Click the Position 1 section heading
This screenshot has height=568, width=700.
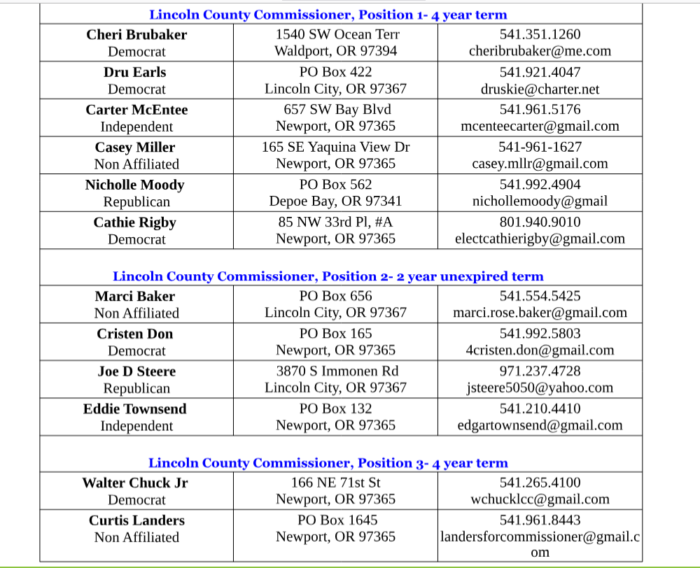[x=328, y=15]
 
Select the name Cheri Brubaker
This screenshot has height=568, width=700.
[x=136, y=34]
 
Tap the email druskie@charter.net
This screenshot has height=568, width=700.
[x=540, y=89]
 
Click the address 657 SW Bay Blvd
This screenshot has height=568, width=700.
[x=337, y=109]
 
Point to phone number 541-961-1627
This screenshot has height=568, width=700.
[x=540, y=147]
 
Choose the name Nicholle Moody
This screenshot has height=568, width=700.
[x=135, y=185]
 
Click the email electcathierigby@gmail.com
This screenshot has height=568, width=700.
[x=540, y=239]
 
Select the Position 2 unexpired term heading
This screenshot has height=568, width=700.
[x=328, y=276]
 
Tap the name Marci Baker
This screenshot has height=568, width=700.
[x=135, y=296]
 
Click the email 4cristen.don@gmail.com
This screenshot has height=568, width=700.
[x=540, y=350]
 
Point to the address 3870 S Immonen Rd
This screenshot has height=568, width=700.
[x=337, y=371]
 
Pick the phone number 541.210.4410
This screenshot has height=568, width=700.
[x=540, y=409]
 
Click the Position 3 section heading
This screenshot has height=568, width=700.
[x=328, y=463]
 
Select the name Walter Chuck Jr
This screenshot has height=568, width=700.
[x=135, y=483]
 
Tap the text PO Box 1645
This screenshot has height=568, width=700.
[x=337, y=520]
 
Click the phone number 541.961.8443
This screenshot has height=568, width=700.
[x=540, y=520]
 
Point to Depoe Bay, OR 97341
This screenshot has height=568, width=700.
[x=336, y=201]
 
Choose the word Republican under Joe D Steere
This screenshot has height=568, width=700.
[x=136, y=388]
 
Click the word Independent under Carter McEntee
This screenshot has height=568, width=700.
[x=136, y=127]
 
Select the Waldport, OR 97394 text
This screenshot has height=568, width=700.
[x=336, y=50]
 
